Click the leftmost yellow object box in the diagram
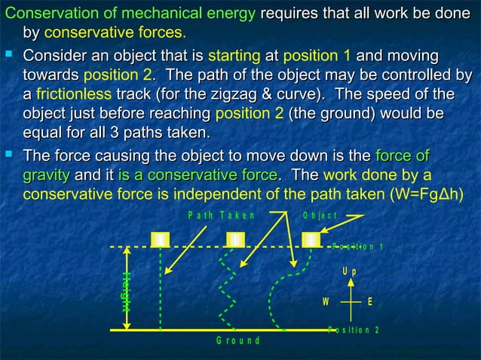click(x=160, y=239)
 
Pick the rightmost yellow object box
click(x=311, y=239)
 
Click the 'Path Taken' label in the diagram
click(x=221, y=215)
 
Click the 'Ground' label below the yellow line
click(x=237, y=340)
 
